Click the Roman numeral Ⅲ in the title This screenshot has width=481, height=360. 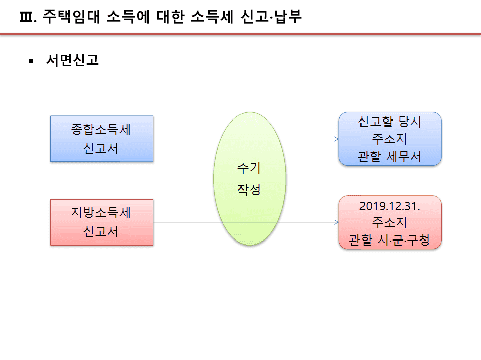[x=26, y=17]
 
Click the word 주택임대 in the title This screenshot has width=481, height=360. [x=71, y=17]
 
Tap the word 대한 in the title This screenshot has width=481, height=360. [x=171, y=17]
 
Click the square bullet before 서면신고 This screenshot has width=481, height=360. [x=30, y=61]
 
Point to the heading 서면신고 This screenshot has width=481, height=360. [x=72, y=60]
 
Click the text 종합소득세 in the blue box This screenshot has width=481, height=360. [x=101, y=129]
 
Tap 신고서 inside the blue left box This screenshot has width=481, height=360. [x=101, y=148]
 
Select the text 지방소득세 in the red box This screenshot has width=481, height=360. [x=101, y=212]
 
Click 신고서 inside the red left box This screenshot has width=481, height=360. [x=101, y=231]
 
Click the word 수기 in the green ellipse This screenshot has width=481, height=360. [x=249, y=168]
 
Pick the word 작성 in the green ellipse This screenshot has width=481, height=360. [x=249, y=189]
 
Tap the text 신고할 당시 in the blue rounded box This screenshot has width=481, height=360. [x=390, y=122]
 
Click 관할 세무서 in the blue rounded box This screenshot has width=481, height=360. [x=390, y=156]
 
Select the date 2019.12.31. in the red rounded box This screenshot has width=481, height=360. [x=390, y=206]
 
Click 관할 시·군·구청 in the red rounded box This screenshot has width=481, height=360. [x=390, y=240]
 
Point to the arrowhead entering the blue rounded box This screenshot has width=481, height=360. [x=337, y=139]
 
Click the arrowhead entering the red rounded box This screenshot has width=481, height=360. [x=337, y=222]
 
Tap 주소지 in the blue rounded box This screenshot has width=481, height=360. [x=390, y=139]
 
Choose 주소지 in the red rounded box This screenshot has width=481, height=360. [x=390, y=222]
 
